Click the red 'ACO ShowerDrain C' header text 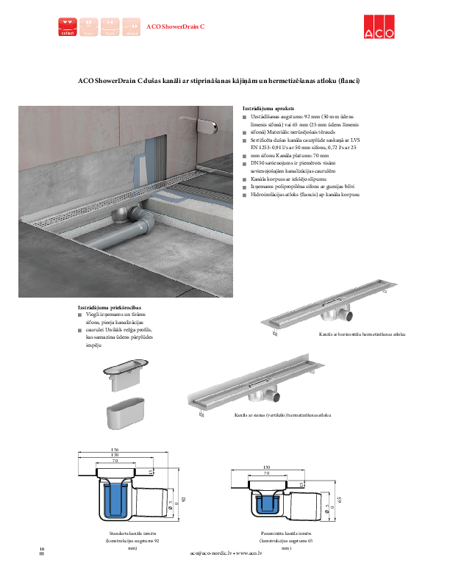175,27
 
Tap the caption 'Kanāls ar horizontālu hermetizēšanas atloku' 362,334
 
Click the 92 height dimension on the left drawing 183,499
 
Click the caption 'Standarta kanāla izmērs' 132,533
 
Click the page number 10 42,549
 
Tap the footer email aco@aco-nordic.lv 210,553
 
